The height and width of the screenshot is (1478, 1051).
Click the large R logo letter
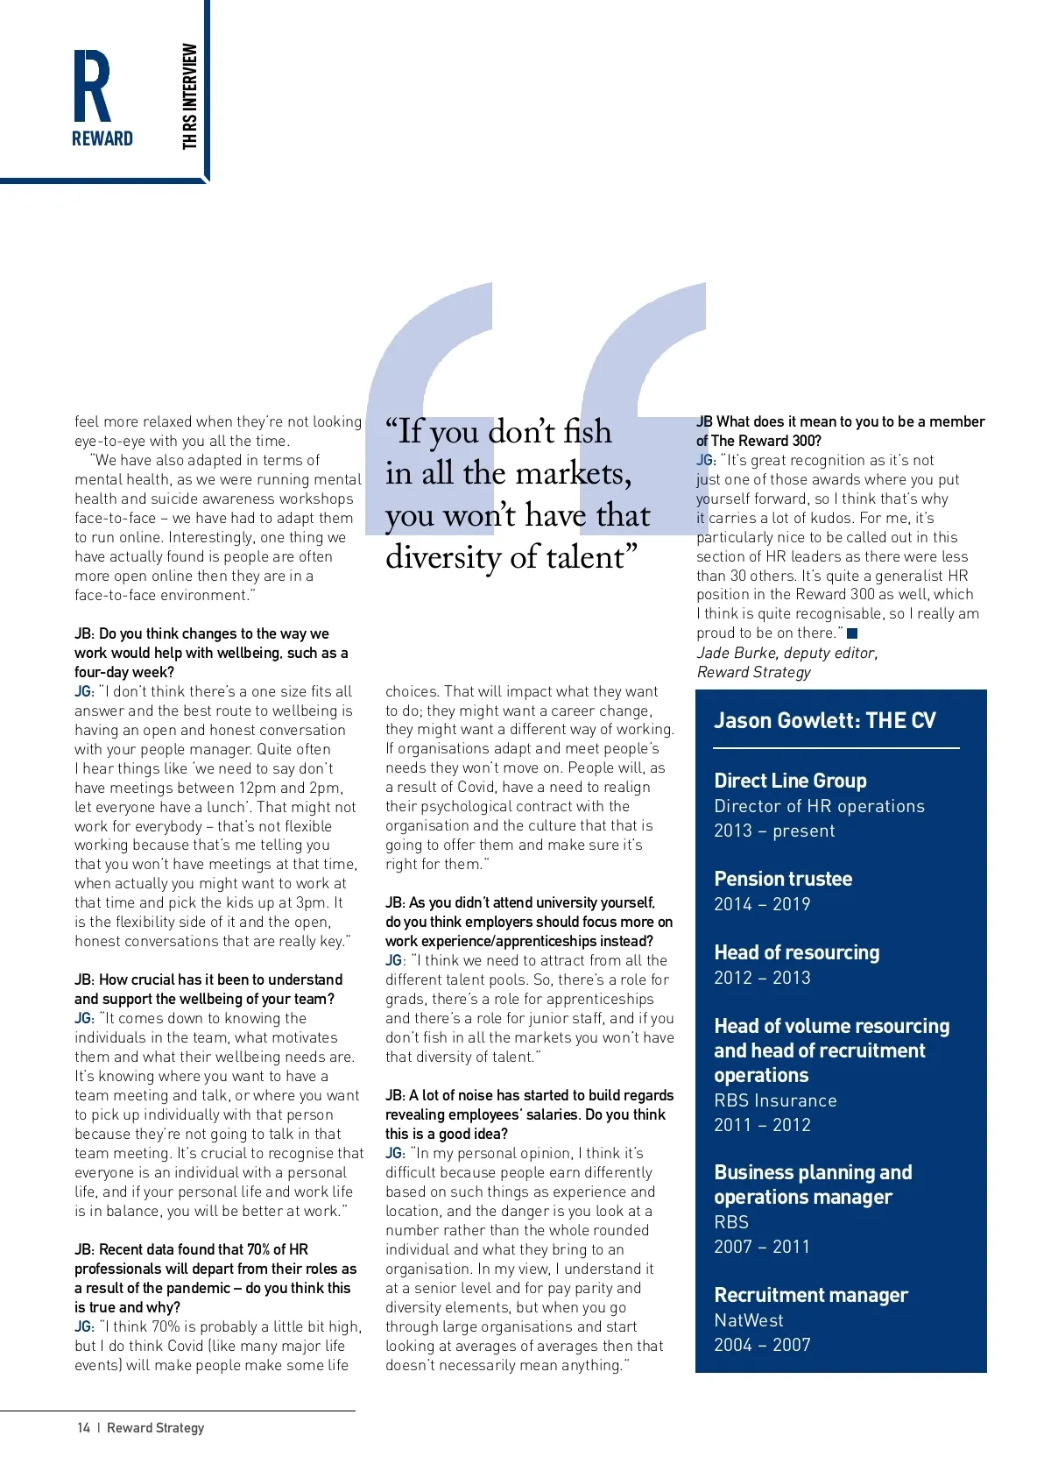click(x=92, y=86)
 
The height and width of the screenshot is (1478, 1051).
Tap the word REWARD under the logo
click(x=102, y=138)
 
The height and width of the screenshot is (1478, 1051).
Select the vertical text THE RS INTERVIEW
click(x=190, y=96)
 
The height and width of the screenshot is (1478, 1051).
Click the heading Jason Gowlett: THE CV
click(x=824, y=721)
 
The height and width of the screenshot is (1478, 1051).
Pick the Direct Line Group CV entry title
click(x=790, y=781)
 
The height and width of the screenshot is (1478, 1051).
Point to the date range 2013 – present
click(x=774, y=831)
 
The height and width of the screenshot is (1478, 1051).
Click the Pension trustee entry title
click(x=783, y=879)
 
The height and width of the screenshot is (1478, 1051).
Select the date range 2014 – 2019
click(x=762, y=904)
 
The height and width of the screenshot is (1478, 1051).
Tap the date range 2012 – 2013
click(x=762, y=978)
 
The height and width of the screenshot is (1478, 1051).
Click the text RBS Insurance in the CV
click(x=775, y=1100)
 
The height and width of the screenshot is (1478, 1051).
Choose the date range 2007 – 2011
click(x=762, y=1247)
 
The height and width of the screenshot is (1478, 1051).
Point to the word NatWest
click(x=749, y=1320)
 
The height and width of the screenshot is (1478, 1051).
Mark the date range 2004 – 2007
click(x=762, y=1345)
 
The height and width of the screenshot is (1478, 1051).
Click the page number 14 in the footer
click(x=83, y=1428)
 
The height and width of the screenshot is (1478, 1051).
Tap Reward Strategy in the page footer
click(x=155, y=1428)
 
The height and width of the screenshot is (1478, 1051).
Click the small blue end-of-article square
click(x=852, y=633)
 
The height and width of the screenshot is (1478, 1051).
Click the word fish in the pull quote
click(x=587, y=432)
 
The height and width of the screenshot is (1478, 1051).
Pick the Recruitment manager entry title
click(x=810, y=1295)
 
